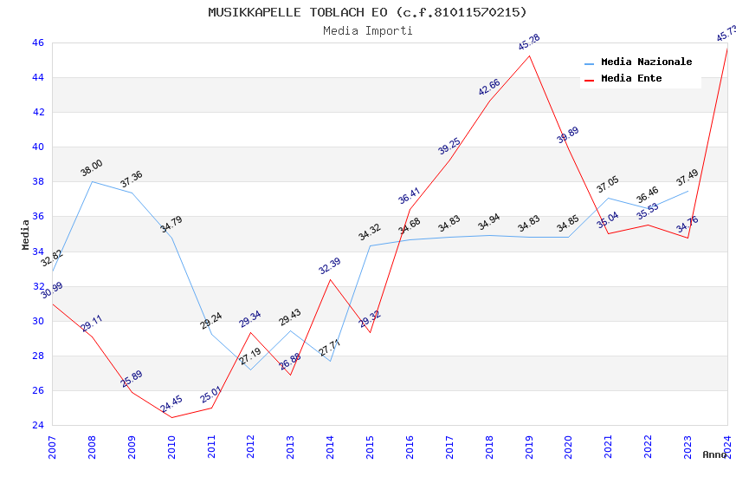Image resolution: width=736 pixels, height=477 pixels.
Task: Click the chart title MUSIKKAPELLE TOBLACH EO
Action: tap(367, 12)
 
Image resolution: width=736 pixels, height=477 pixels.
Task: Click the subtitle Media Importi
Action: tap(367, 30)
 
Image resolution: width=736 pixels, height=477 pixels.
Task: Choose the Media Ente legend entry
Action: tap(631, 79)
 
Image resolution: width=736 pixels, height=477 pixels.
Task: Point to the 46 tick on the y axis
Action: tap(37, 42)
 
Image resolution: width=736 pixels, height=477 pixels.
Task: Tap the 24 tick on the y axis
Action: tap(37, 425)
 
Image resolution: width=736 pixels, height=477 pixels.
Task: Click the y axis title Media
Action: tap(26, 234)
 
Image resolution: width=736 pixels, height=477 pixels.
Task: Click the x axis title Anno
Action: tap(714, 454)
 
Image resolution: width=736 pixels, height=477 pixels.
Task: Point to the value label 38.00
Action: tap(91, 168)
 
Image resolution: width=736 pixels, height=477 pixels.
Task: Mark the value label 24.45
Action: tap(171, 404)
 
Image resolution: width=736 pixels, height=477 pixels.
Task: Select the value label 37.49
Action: tap(687, 178)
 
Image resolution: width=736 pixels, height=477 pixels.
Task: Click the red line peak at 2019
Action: tap(529, 56)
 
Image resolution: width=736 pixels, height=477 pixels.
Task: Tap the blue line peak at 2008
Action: tap(92, 181)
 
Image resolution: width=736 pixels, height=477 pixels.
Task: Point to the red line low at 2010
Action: tap(171, 417)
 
